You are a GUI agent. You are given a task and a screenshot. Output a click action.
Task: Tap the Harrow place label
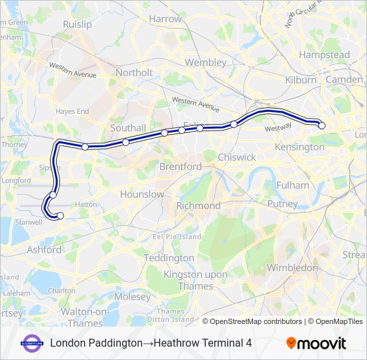tap(165, 19)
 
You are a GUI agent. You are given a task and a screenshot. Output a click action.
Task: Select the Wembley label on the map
tap(206, 62)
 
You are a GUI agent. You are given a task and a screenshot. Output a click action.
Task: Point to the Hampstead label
tap(324, 55)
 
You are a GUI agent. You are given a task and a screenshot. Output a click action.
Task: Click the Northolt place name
tap(134, 72)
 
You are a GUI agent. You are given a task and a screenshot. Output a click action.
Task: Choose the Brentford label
tap(180, 166)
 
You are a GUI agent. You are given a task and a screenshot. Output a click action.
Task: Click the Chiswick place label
tap(237, 157)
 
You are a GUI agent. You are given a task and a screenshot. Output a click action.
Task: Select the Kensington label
tap(300, 147)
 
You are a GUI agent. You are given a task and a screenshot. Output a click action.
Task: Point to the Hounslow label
tap(142, 194)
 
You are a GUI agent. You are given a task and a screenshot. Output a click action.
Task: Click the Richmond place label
tap(198, 206)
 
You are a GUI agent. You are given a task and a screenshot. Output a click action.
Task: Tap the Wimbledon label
tap(292, 267)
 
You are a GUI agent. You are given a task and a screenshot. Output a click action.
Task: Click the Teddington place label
tap(169, 257)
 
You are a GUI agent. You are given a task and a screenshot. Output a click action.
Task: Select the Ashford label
tap(44, 250)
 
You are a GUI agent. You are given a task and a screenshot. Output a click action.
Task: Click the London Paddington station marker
tap(322, 125)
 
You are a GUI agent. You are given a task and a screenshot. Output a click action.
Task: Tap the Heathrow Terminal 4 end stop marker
tap(60, 215)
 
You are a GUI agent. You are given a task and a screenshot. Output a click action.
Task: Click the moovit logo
tap(316, 343)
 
